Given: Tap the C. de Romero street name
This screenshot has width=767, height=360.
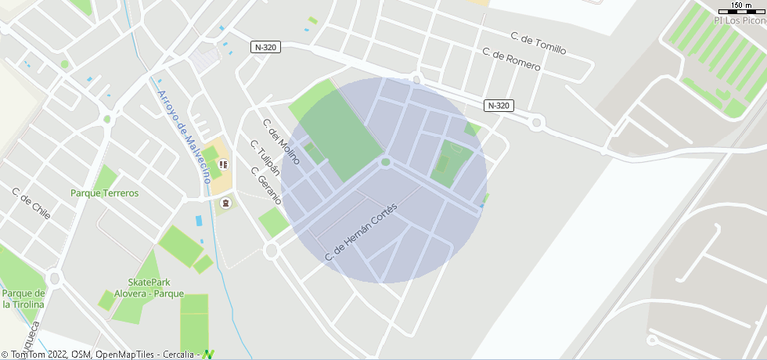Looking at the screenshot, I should click(511, 60).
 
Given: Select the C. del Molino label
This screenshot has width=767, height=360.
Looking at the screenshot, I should click(281, 141).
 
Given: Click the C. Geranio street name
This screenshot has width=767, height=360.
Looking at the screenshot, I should click(265, 185).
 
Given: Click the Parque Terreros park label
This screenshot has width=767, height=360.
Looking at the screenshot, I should click(104, 193).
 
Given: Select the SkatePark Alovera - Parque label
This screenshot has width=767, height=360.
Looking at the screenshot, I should click(149, 288).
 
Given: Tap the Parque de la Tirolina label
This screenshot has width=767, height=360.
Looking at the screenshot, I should click(23, 299).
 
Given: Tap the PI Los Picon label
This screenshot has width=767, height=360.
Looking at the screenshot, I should click(740, 21).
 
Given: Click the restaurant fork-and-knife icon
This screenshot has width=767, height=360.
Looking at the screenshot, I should click(224, 164).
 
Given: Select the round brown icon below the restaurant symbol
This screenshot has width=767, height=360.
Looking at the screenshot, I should click(226, 203).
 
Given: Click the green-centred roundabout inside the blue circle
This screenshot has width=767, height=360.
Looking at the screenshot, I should click(385, 162).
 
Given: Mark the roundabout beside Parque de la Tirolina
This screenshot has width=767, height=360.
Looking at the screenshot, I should click(54, 278).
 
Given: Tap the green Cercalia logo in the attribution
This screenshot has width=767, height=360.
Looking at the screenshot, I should click(208, 355).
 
